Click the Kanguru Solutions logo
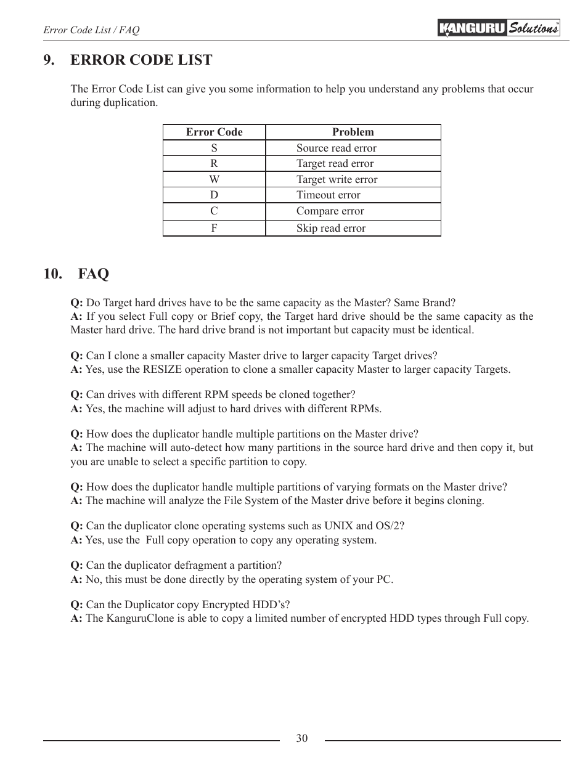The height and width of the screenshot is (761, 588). [499, 28]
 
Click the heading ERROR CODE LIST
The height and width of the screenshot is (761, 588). [141, 60]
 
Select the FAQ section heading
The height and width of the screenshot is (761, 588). [93, 274]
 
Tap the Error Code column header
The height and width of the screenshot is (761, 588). [214, 132]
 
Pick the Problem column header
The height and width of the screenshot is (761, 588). [353, 132]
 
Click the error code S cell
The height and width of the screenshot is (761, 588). [214, 148]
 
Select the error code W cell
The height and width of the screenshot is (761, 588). [214, 179]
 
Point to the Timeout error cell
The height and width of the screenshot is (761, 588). [328, 195]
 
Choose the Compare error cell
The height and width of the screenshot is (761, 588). [330, 211]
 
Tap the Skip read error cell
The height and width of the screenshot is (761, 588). [330, 228]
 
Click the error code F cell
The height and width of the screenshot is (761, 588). [214, 228]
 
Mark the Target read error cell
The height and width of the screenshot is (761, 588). [335, 163]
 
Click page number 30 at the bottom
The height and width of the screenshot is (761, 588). [301, 738]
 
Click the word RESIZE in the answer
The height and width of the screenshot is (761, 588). [163, 369]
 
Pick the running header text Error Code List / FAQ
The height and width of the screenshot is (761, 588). [91, 30]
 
